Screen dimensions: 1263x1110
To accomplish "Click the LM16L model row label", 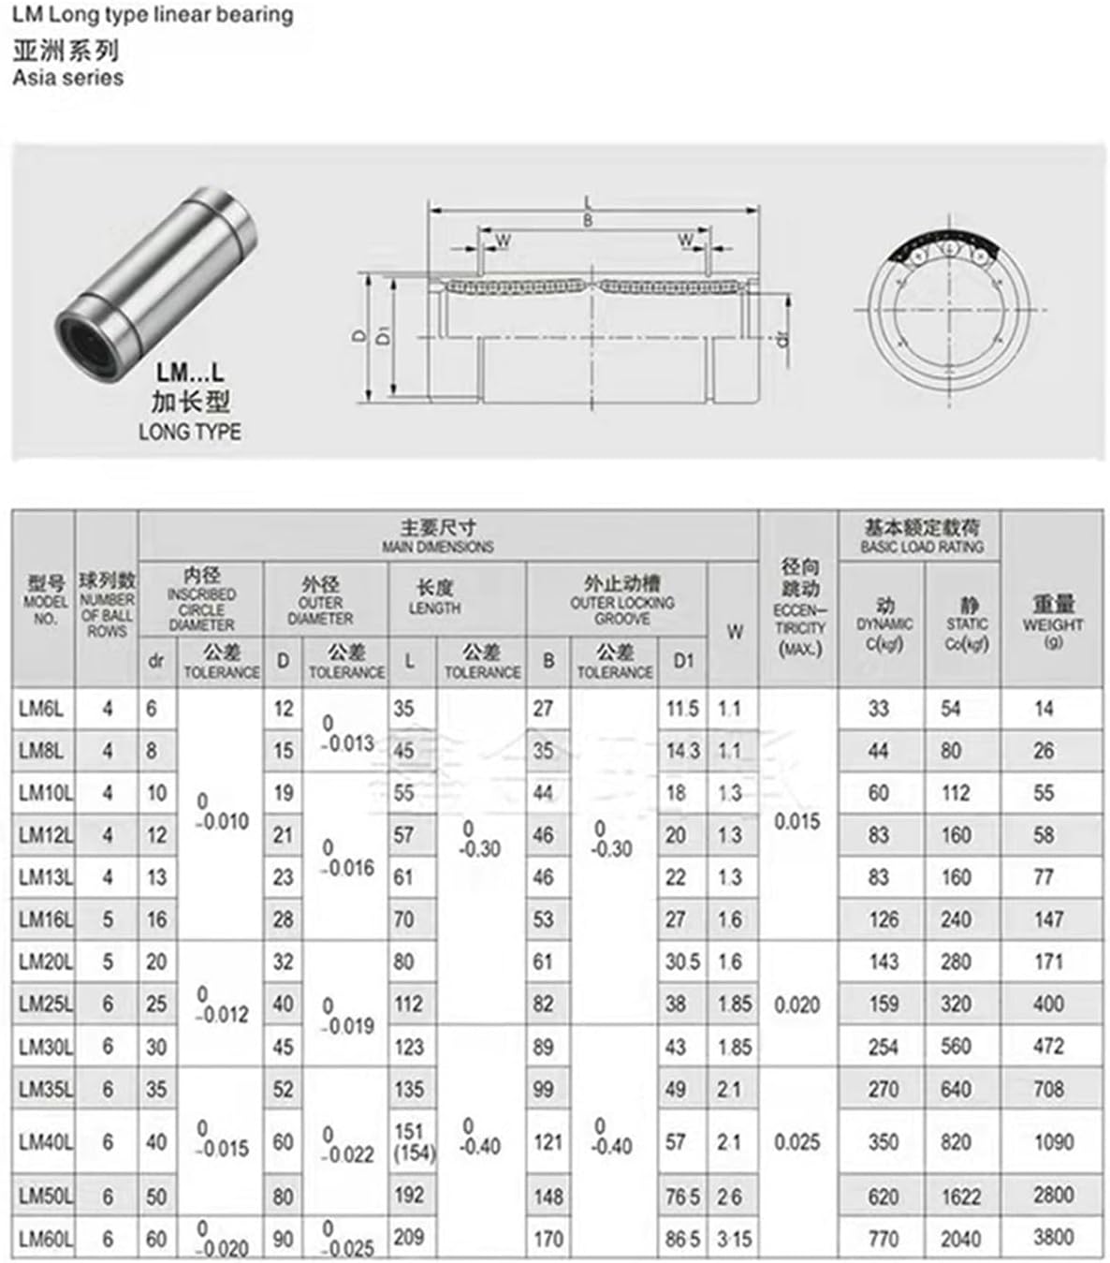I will (x=43, y=920).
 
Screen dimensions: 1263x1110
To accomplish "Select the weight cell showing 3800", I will (x=1052, y=1238).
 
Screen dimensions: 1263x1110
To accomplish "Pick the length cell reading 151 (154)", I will (x=412, y=1142).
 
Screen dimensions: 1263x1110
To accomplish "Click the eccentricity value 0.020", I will (x=796, y=1005).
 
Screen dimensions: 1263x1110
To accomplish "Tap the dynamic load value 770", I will (x=883, y=1238).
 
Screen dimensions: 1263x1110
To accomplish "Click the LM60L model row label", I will (x=43, y=1239).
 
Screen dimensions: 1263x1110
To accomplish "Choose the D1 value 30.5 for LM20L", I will (x=682, y=962).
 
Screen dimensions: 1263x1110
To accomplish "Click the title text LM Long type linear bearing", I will (x=153, y=15).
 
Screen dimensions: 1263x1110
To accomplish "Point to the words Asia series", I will (x=67, y=78).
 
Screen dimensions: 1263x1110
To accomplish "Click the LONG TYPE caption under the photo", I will (x=189, y=432).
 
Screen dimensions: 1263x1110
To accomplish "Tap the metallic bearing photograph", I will (x=154, y=272).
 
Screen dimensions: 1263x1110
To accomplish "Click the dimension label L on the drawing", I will (x=588, y=202).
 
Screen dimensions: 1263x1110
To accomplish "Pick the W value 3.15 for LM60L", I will (x=734, y=1239).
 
